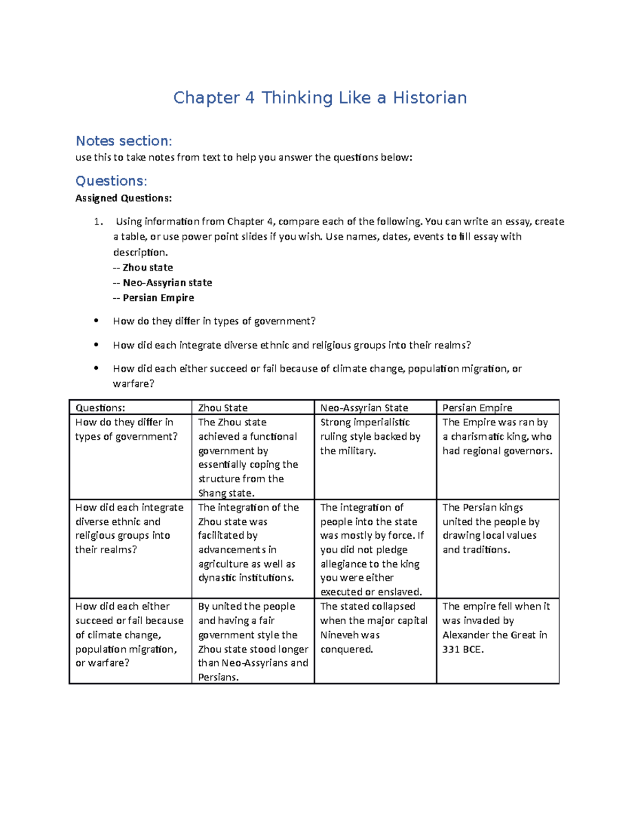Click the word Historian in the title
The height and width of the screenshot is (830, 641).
pyautogui.click(x=429, y=98)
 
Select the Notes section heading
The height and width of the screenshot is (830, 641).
pyautogui.click(x=123, y=141)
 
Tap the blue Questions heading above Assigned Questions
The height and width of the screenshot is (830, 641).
pyautogui.click(x=111, y=181)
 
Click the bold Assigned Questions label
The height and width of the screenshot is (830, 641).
pyautogui.click(x=123, y=198)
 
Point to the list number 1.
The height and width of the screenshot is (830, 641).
pyautogui.click(x=97, y=222)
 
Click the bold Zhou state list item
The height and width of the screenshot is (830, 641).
pyautogui.click(x=147, y=267)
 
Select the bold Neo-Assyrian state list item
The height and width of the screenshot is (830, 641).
pyautogui.click(x=167, y=283)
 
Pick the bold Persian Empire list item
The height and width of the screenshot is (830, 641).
pyautogui.click(x=158, y=298)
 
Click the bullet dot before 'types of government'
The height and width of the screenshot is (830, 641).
pyautogui.click(x=96, y=321)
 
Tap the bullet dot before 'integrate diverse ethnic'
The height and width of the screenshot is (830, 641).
pyautogui.click(x=96, y=345)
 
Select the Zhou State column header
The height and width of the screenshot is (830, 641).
pyautogui.click(x=223, y=408)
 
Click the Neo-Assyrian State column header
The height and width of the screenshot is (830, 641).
pyautogui.click(x=364, y=408)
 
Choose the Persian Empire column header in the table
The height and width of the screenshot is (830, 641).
pyautogui.click(x=477, y=408)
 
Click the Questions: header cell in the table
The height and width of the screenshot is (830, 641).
pyautogui.click(x=100, y=408)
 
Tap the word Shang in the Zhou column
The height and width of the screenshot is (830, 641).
pyautogui.click(x=212, y=493)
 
